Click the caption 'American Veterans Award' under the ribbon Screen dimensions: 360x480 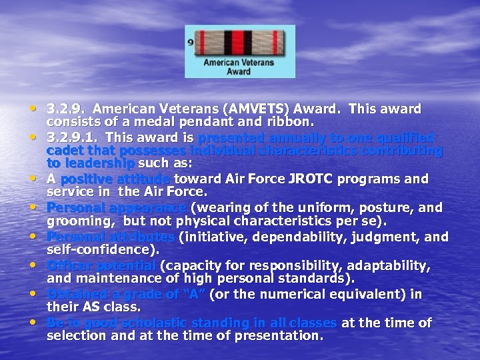click(239, 67)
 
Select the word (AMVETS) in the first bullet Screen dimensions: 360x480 click(257, 109)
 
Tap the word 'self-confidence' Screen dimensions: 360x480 click(101, 250)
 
